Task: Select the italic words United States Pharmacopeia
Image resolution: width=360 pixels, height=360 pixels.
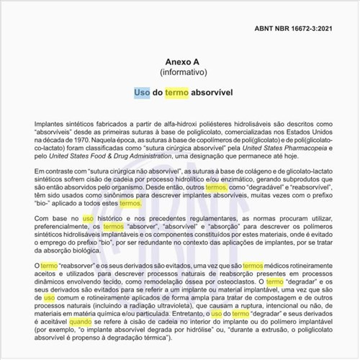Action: pyautogui.click(x=271, y=152)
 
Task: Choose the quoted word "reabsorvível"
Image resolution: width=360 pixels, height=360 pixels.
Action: pyautogui.click(x=318, y=186)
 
